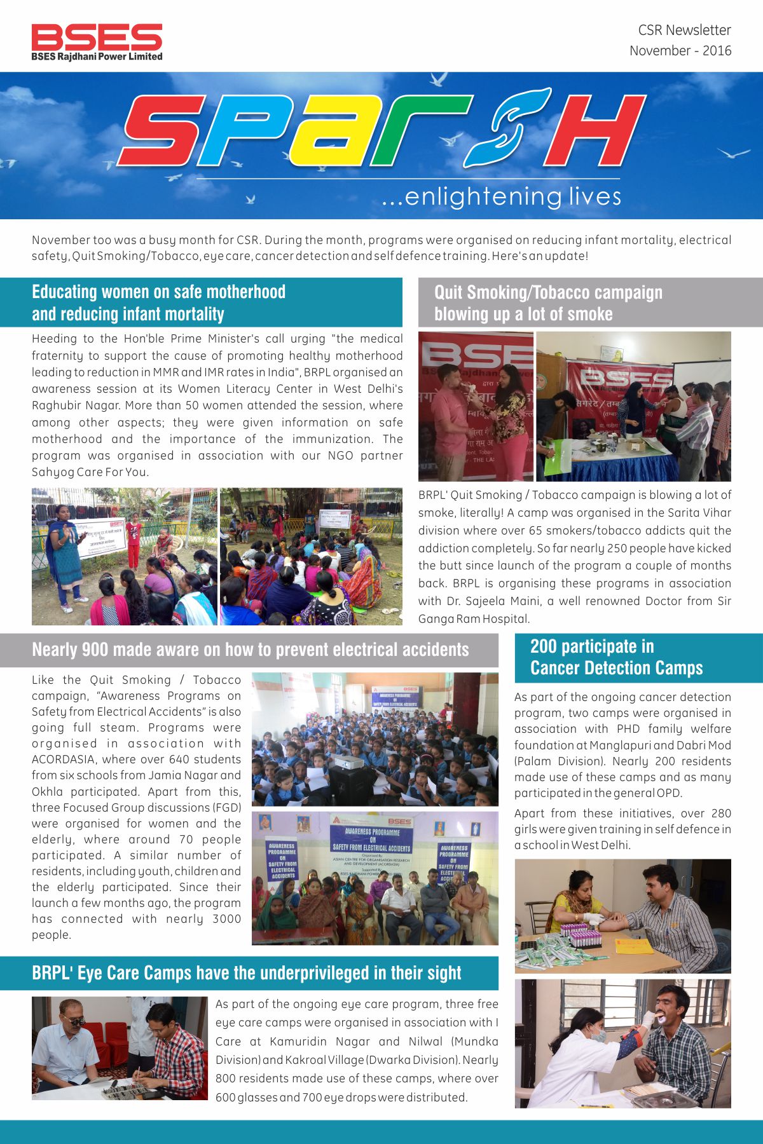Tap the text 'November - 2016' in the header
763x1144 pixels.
pyautogui.click(x=680, y=51)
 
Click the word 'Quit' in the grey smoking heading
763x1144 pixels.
pyautogui.click(x=450, y=292)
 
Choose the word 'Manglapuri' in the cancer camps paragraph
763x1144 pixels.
pyautogui.click(x=618, y=745)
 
